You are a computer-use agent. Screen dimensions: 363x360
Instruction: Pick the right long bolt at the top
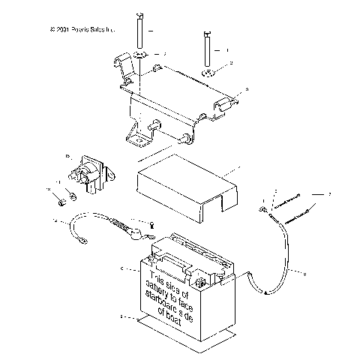204,49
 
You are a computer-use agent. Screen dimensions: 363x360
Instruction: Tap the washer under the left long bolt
140,56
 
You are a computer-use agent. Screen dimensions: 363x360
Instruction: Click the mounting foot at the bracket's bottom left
136,139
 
